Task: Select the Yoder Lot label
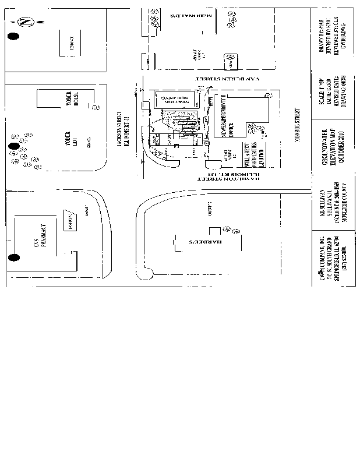(72, 140)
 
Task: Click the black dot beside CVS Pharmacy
(12, 257)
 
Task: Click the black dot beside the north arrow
(12, 37)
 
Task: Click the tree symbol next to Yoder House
(94, 106)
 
